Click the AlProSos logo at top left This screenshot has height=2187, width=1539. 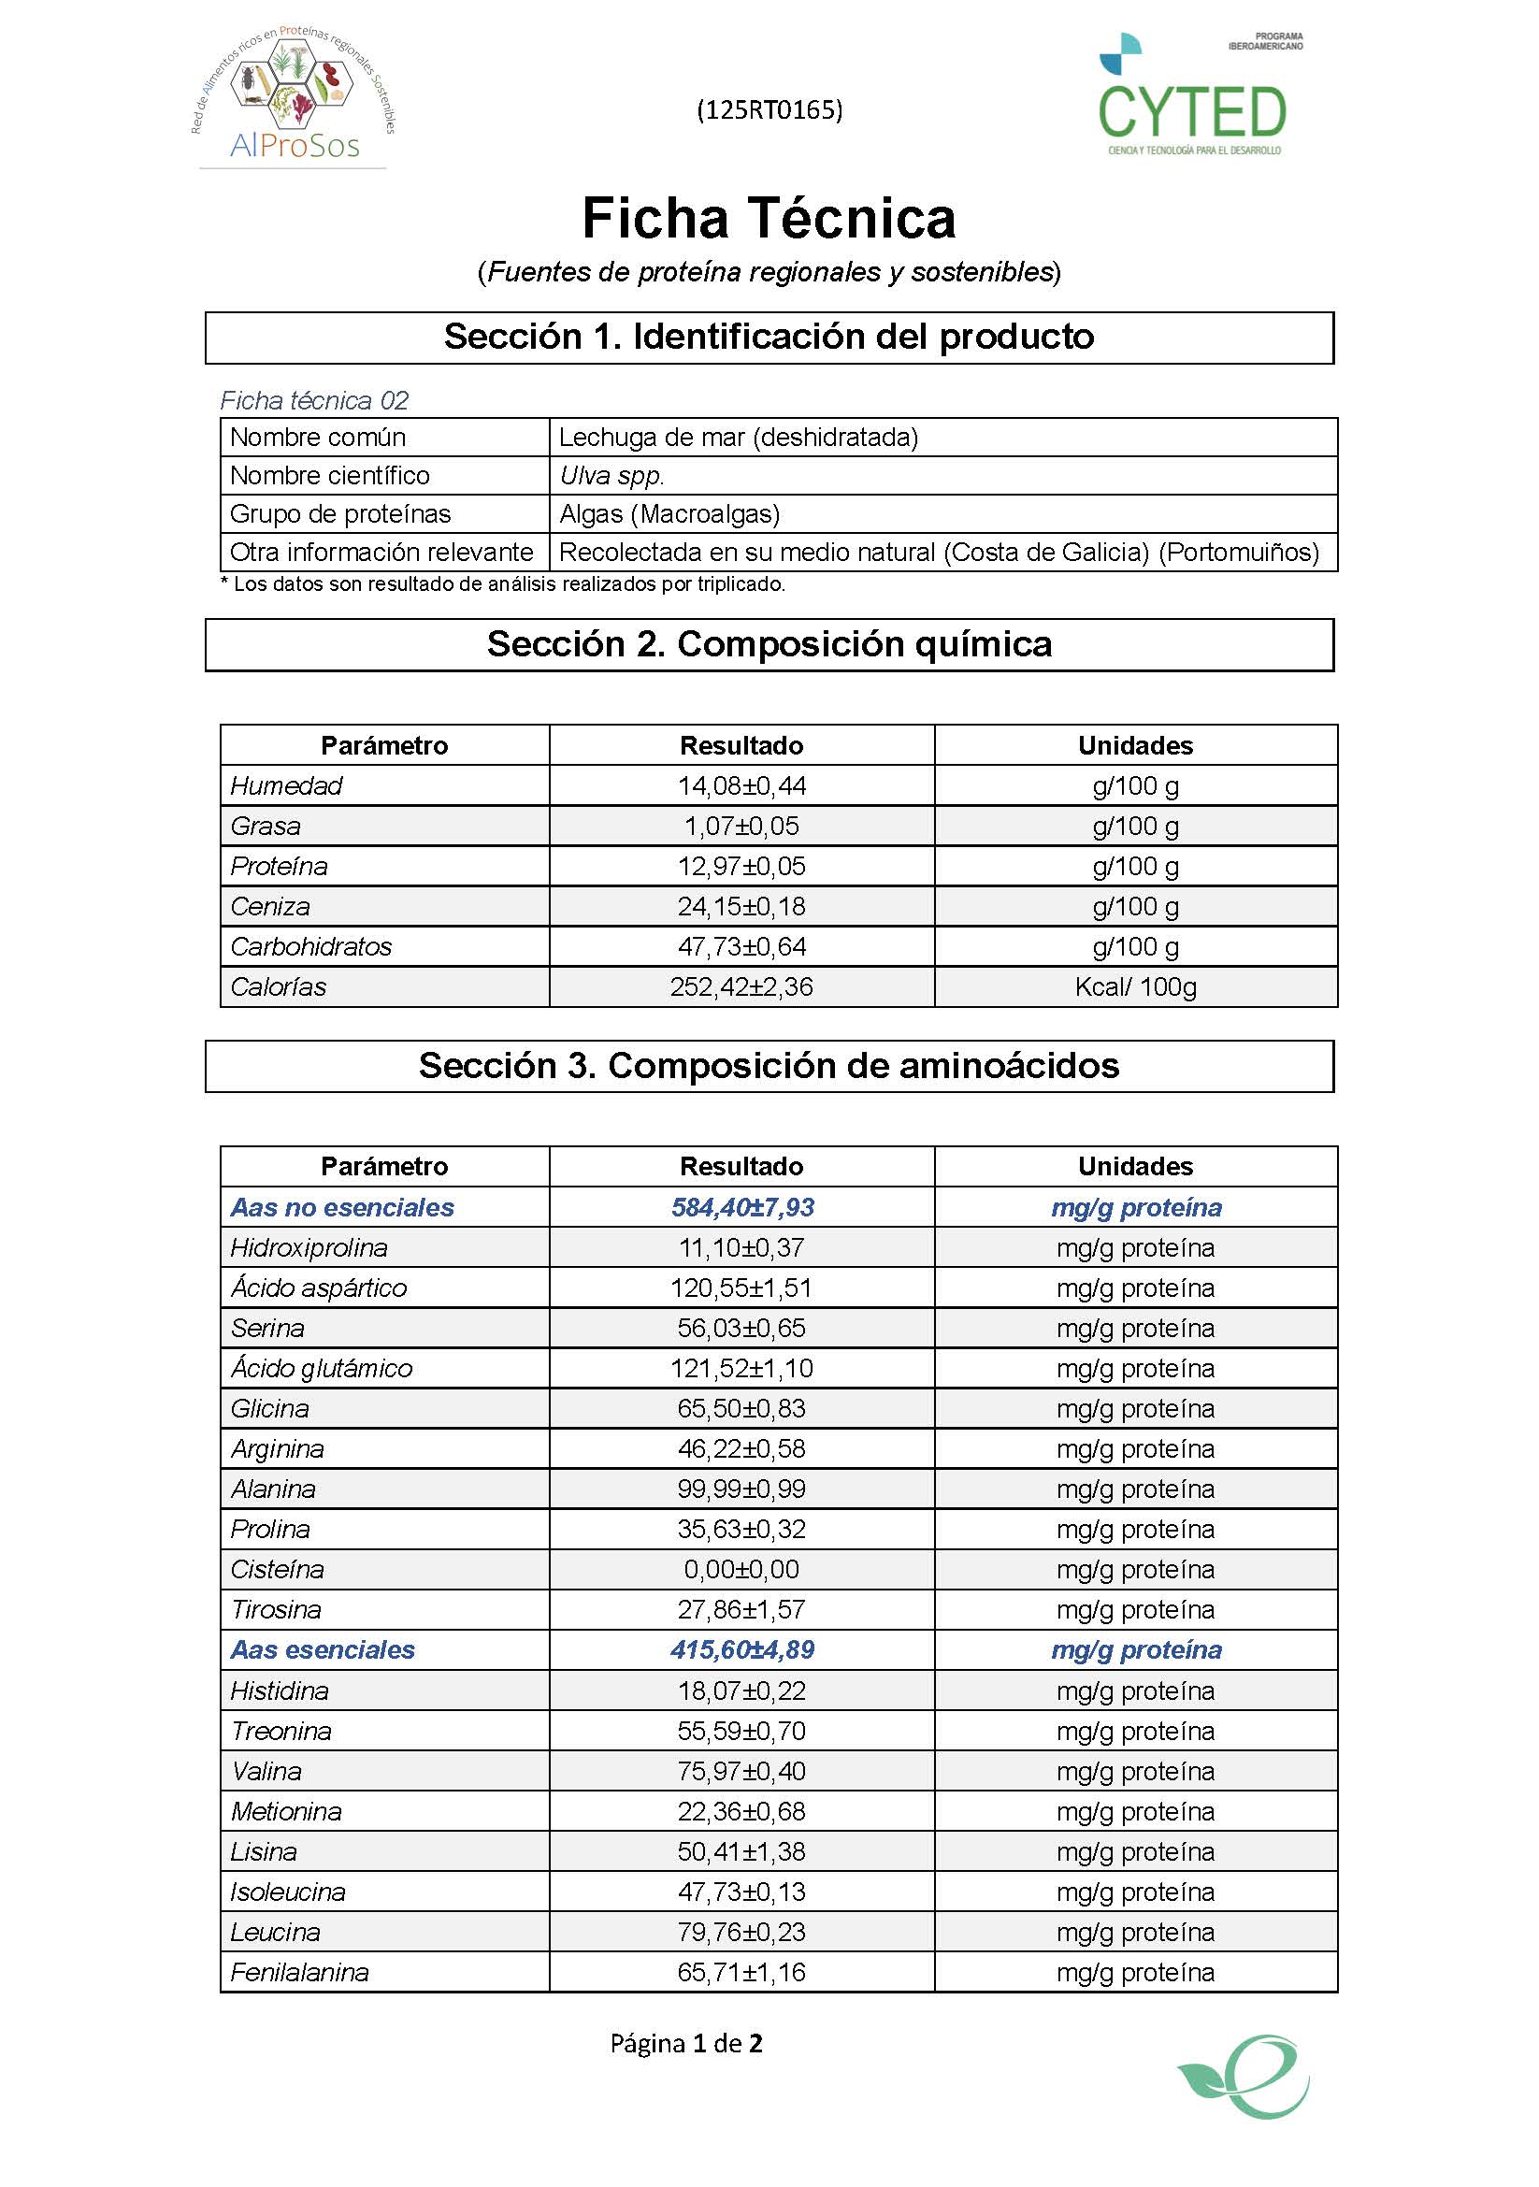(x=294, y=95)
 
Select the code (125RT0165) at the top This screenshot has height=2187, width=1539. (x=769, y=110)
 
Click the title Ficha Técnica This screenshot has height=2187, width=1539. (x=769, y=218)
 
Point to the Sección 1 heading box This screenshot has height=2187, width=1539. (x=769, y=338)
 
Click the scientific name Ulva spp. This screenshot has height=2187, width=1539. (x=611, y=475)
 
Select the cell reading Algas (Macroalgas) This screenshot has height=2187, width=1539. (x=669, y=513)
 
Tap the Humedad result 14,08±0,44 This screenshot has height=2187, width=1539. (x=741, y=785)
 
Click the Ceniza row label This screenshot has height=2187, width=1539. (x=270, y=906)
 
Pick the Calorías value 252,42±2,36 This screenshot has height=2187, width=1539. (x=741, y=986)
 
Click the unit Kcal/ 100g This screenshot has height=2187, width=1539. (x=1135, y=986)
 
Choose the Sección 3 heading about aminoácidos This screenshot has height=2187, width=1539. (x=769, y=1066)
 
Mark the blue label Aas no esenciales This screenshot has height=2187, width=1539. (x=342, y=1207)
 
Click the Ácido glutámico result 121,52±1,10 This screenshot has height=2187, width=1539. (x=741, y=1368)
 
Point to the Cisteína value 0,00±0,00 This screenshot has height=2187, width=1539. (x=741, y=1569)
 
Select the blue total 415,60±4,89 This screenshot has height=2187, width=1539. (x=741, y=1649)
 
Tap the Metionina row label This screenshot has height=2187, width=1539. (x=286, y=1811)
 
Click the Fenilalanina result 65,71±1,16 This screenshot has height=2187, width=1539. (x=741, y=1972)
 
